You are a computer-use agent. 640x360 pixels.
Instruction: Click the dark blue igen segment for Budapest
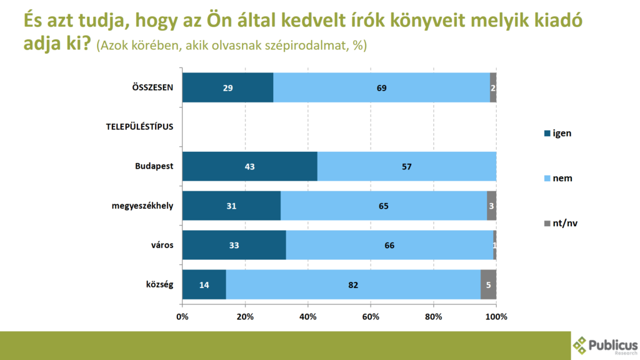click(x=249, y=166)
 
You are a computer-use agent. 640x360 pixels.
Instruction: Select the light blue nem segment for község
click(x=353, y=284)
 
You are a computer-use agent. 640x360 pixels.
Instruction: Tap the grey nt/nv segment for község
click(x=488, y=284)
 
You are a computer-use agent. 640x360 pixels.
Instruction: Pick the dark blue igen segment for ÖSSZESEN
click(x=227, y=87)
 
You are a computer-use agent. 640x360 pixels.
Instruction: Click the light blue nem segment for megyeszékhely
click(x=384, y=206)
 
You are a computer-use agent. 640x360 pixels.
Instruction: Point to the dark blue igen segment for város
click(x=234, y=245)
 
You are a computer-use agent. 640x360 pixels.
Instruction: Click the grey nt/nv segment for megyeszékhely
click(x=491, y=206)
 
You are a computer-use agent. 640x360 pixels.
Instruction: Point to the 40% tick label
click(x=308, y=317)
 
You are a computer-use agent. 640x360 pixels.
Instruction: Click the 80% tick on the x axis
click(x=434, y=317)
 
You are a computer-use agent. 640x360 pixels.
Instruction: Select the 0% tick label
click(x=182, y=317)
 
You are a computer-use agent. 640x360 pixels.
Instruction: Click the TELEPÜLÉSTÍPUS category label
click(x=139, y=127)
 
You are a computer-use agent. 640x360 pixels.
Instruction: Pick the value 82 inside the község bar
click(x=353, y=285)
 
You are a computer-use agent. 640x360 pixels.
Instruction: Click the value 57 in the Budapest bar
click(x=407, y=167)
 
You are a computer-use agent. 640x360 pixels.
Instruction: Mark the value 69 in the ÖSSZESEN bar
click(x=381, y=88)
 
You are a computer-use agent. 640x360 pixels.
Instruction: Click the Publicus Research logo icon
click(x=580, y=344)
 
